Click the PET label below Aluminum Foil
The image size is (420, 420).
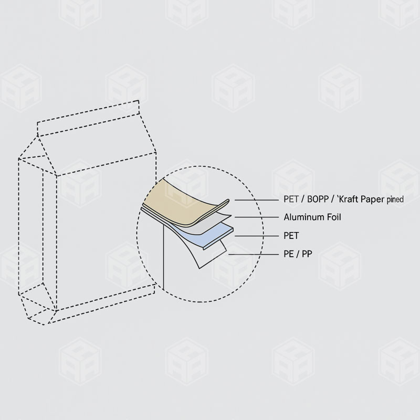pos(291,236)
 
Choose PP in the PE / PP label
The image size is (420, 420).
pos(306,254)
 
